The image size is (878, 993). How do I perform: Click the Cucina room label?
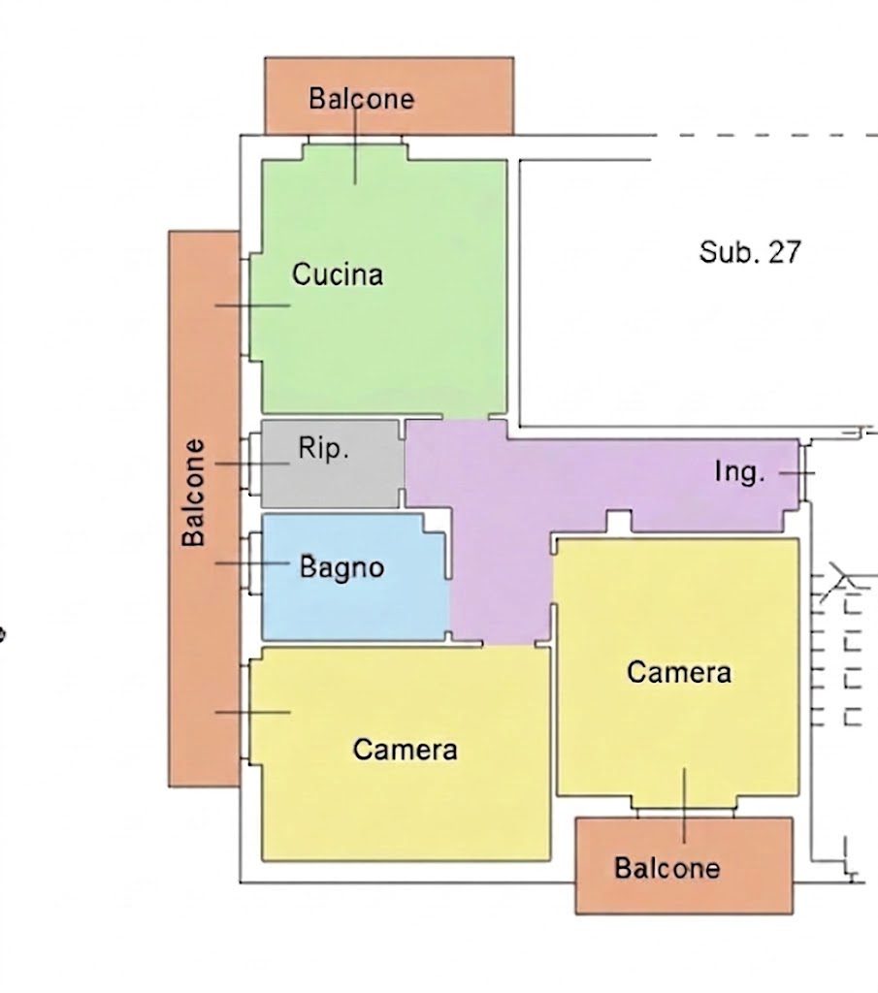(x=338, y=274)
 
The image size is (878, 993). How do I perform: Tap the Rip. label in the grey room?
(x=324, y=448)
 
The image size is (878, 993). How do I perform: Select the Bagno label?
(x=342, y=567)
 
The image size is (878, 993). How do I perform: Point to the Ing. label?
(x=739, y=472)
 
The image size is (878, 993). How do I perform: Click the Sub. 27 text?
(x=750, y=252)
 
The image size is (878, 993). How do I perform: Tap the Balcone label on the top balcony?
(x=362, y=99)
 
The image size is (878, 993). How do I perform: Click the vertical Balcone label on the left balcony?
(x=194, y=493)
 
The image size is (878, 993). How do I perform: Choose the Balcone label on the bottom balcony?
(x=667, y=868)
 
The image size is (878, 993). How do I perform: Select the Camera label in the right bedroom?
(x=679, y=672)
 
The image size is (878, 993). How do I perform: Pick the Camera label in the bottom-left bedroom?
(x=406, y=750)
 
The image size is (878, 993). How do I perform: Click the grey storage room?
(x=330, y=464)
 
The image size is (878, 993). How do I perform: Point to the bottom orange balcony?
(x=684, y=866)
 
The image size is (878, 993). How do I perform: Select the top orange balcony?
(x=389, y=96)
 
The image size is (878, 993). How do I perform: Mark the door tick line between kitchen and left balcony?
(x=253, y=305)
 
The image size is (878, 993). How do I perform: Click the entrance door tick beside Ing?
(x=797, y=472)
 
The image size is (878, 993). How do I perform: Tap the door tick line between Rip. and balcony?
(x=252, y=464)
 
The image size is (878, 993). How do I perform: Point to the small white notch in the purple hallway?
(x=619, y=522)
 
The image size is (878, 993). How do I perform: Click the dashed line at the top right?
(x=766, y=135)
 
